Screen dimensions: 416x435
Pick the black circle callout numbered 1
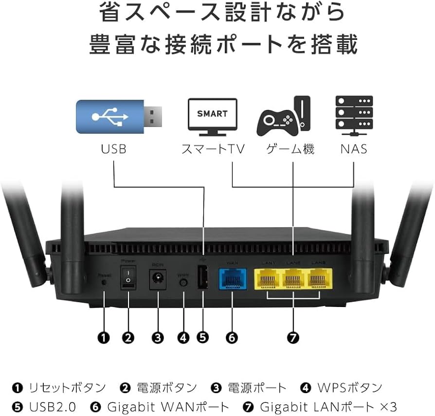coord(103,337)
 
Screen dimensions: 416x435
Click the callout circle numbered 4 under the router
coord(183,337)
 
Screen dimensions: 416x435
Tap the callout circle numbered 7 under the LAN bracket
coord(293,337)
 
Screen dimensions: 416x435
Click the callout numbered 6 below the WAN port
coord(232,337)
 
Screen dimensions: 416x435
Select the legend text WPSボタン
coord(349,387)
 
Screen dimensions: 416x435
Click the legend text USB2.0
coord(53,406)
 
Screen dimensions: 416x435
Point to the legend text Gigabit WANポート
coord(167,406)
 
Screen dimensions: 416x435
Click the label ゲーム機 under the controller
coord(290,148)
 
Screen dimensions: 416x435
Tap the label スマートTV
coord(213,148)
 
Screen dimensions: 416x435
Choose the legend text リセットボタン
coord(67,387)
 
